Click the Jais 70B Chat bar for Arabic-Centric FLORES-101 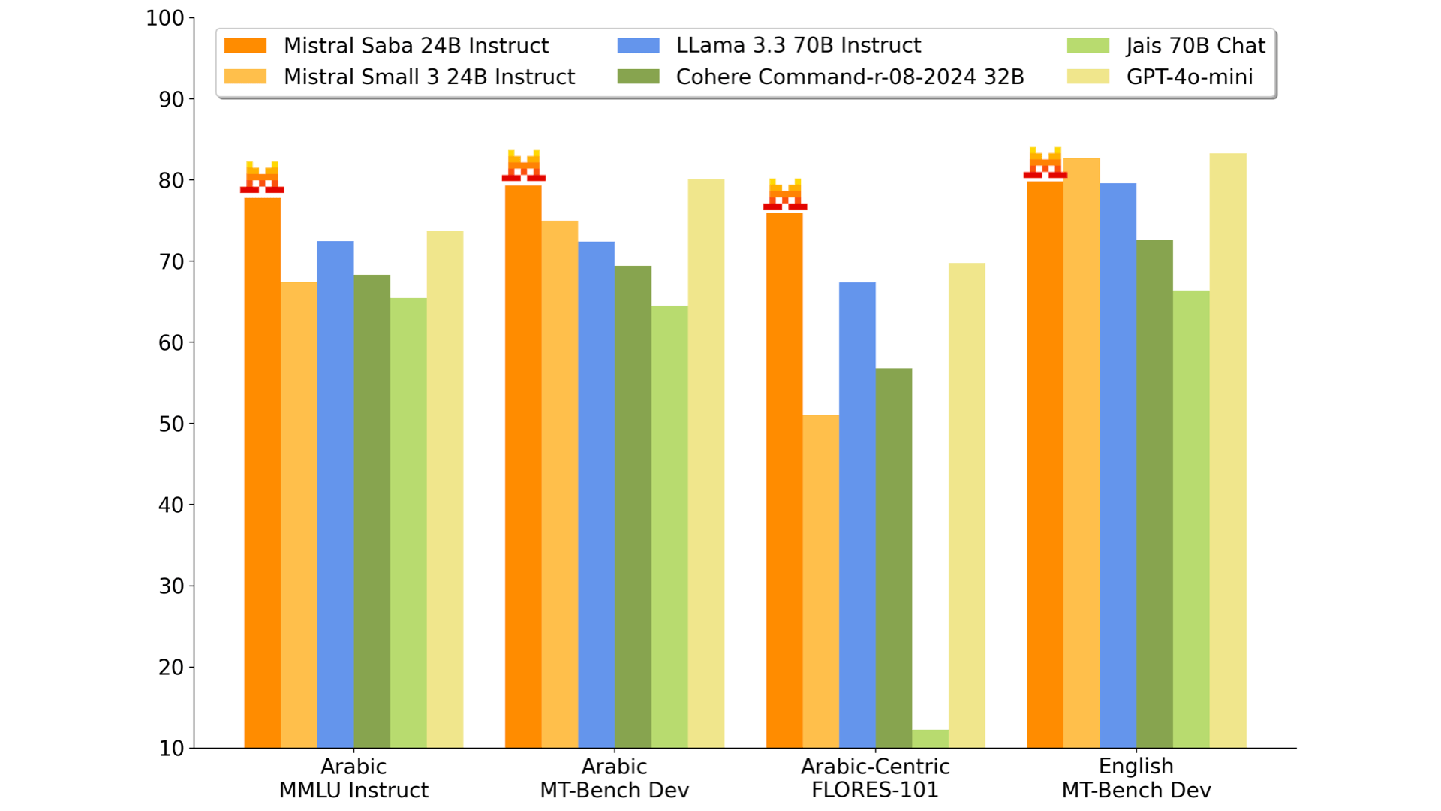point(930,739)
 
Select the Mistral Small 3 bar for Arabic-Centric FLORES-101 point(820,581)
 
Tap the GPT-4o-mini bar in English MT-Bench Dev point(1228,451)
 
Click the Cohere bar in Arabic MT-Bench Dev point(633,507)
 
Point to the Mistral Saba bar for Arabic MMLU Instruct point(262,473)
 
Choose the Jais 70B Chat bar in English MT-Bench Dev point(1191,519)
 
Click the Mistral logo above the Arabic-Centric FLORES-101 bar point(785,194)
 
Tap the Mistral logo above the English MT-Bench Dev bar point(1045,163)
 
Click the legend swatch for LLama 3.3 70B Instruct point(638,46)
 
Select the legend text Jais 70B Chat point(1195,46)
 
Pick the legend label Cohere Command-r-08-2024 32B point(850,77)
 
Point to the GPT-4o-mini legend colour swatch point(1088,77)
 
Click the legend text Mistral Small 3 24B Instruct point(429,77)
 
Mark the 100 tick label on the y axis point(165,18)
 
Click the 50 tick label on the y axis point(171,424)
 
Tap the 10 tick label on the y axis point(171,749)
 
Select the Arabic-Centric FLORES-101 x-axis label point(875,778)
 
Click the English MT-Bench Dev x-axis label point(1136,778)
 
